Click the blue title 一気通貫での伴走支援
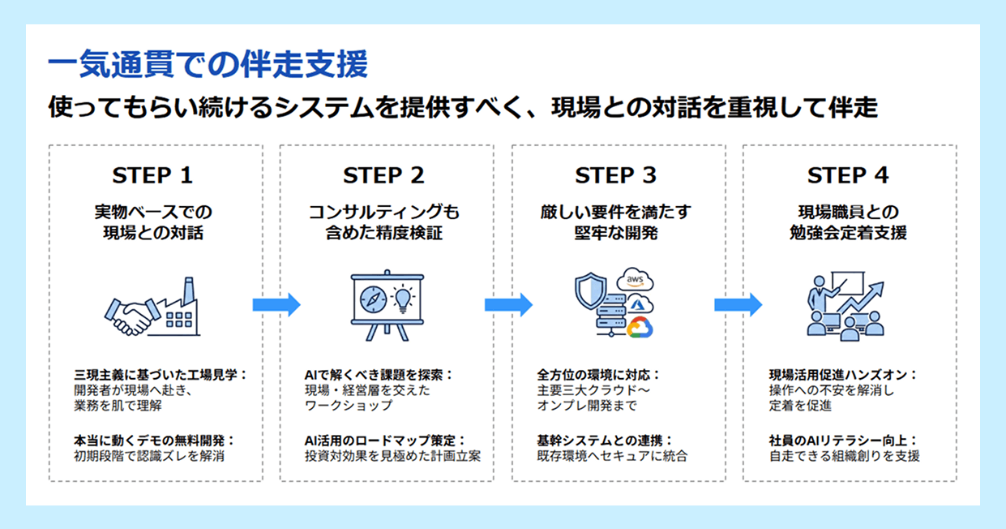tap(208, 64)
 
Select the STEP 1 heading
tap(152, 175)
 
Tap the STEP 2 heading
tap(383, 175)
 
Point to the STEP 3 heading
tap(615, 175)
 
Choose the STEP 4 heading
tap(847, 175)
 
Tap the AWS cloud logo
tap(635, 280)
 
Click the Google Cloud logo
tap(639, 326)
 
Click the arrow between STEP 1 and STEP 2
tap(276, 305)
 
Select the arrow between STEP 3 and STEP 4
tap(738, 305)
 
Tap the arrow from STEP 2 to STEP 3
tap(507, 305)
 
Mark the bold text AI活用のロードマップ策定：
tap(379, 441)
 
